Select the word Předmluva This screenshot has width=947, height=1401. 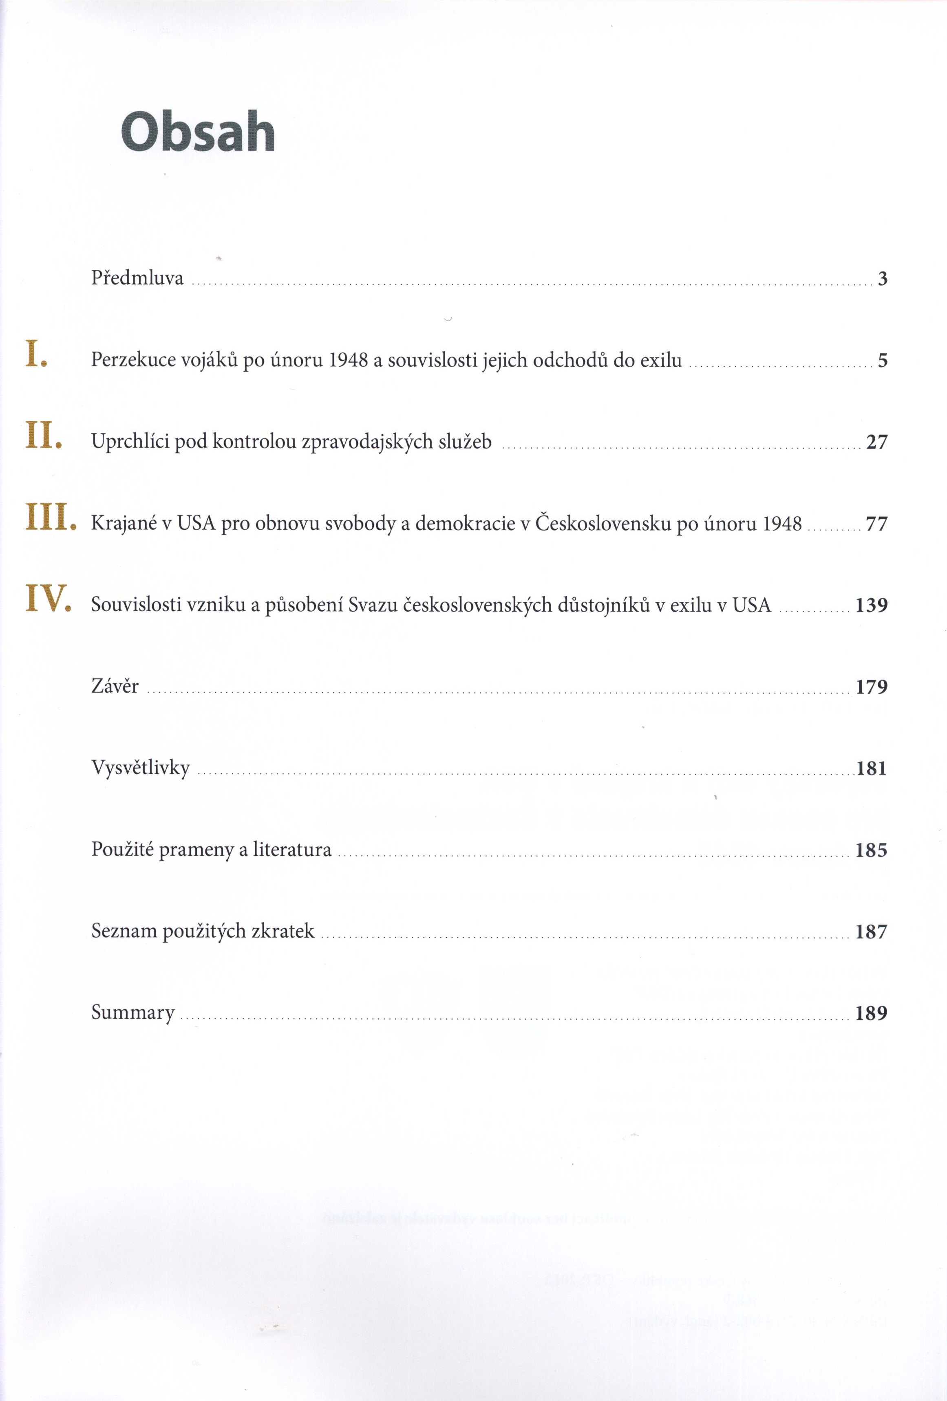coord(137,278)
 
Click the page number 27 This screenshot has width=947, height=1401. coord(877,443)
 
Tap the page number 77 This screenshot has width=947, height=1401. coord(877,524)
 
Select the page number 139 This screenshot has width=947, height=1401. coord(872,605)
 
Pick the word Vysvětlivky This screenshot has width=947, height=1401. coord(141,768)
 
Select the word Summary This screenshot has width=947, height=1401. coord(133,1012)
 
